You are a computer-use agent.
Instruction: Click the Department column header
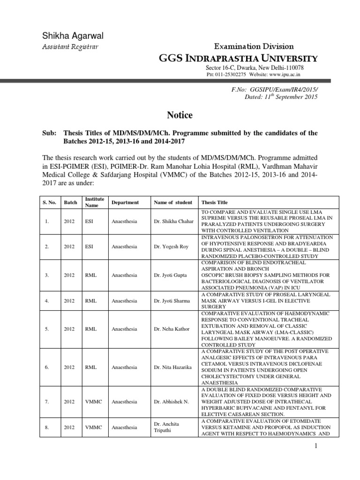[x=125, y=202]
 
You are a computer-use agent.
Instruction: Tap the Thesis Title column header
[x=214, y=202]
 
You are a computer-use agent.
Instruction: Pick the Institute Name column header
[x=94, y=202]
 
